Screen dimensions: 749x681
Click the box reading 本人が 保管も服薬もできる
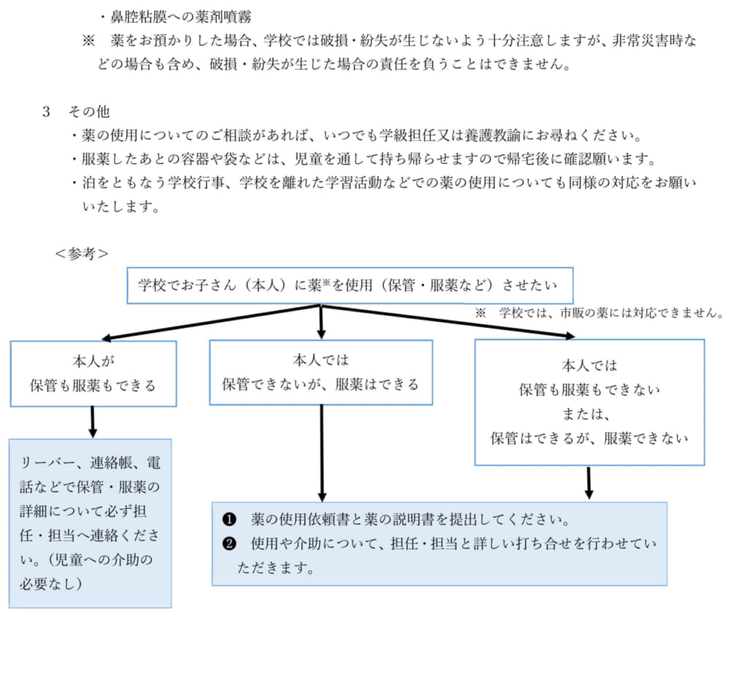click(94, 373)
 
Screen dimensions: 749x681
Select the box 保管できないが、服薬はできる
click(321, 373)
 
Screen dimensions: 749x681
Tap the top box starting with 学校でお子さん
click(350, 286)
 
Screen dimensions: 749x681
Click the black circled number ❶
click(230, 519)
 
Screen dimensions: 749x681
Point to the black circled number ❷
click(230, 544)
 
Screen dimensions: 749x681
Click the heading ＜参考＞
click(82, 253)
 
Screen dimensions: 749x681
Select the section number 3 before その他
click(46, 112)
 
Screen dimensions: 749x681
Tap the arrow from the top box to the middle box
click(321, 321)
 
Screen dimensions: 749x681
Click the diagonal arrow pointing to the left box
click(211, 322)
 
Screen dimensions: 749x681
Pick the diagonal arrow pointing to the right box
click(448, 321)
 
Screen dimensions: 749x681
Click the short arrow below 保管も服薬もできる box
click(93, 422)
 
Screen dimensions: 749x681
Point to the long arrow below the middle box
click(322, 453)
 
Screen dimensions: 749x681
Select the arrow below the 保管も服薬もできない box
click(589, 483)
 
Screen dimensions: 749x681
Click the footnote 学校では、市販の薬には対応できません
click(611, 313)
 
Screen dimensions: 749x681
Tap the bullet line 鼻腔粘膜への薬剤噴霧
click(176, 18)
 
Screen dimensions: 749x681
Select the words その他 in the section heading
click(89, 112)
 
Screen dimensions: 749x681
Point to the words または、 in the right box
click(586, 414)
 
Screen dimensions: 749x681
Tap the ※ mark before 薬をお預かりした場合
click(89, 41)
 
